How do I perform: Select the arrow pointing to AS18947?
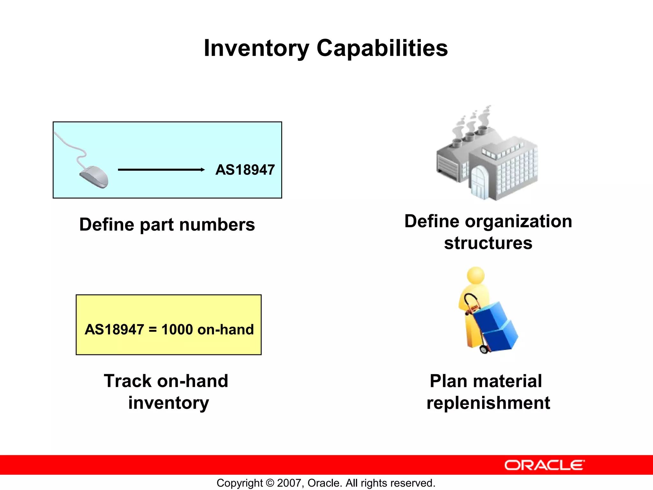coord(161,170)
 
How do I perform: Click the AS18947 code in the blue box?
coord(245,170)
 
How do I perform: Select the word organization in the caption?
coord(518,221)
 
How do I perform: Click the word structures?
coord(488,243)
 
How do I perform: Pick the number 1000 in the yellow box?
coord(177,330)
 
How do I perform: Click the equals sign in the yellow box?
coord(153,330)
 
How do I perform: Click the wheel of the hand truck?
coord(484,349)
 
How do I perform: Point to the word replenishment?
coord(488,403)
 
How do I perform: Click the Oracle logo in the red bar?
coord(544,465)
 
